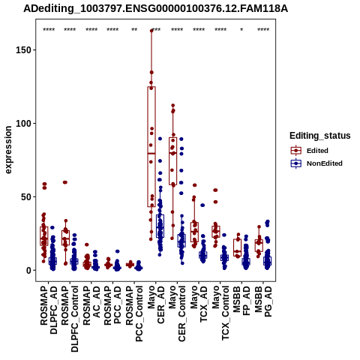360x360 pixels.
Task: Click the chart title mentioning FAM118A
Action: pyautogui.click(x=155, y=9)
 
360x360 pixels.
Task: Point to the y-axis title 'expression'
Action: pyautogui.click(x=8, y=150)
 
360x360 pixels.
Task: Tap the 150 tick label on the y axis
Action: pyautogui.click(x=23, y=50)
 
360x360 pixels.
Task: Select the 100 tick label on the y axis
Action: pyautogui.click(x=23, y=124)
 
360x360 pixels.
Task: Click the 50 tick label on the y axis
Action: pyautogui.click(x=26, y=197)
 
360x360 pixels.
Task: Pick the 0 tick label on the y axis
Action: pyautogui.click(x=28, y=271)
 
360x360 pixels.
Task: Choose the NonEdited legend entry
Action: pyautogui.click(x=316, y=163)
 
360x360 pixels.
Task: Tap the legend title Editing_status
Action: pyautogui.click(x=320, y=136)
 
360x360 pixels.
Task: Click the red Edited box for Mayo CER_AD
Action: pyautogui.click(x=151, y=147)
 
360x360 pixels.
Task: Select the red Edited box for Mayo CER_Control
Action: pyautogui.click(x=172, y=161)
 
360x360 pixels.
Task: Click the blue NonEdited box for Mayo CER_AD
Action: pyautogui.click(x=160, y=226)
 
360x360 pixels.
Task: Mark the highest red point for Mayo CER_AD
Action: pyautogui.click(x=151, y=31)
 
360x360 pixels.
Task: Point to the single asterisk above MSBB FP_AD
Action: pyautogui.click(x=241, y=30)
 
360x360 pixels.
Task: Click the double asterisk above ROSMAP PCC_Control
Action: pyautogui.click(x=134, y=30)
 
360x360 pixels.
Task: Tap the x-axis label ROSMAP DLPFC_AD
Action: pyautogui.click(x=49, y=310)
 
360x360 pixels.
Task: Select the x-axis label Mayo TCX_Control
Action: pyautogui.click(x=220, y=313)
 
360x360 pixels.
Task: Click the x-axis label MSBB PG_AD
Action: pyautogui.click(x=263, y=301)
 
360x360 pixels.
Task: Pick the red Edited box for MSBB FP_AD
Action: pyautogui.click(x=237, y=247)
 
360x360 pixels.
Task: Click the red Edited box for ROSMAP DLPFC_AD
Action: pyautogui.click(x=44, y=236)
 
